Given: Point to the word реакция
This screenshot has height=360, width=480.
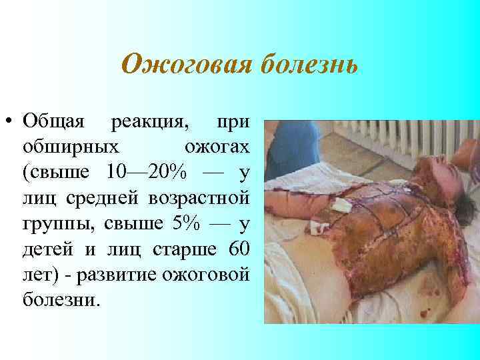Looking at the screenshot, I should pyautogui.click(x=149, y=123).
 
